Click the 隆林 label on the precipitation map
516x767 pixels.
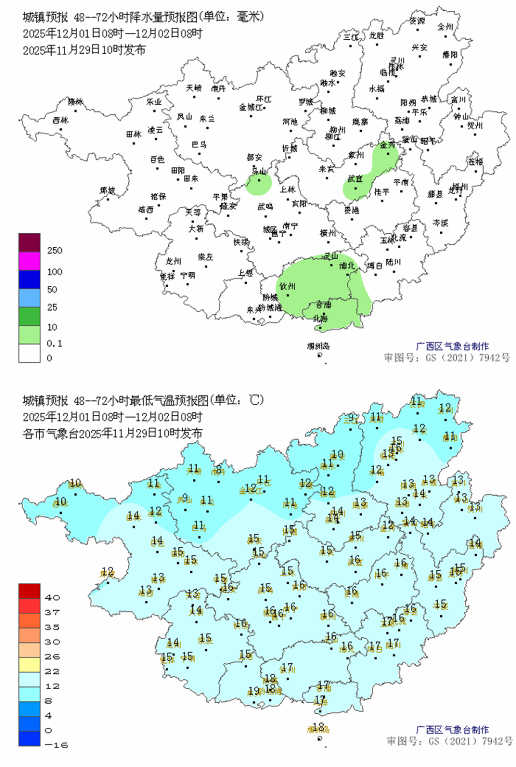click(76, 101)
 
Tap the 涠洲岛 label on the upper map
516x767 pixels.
click(318, 346)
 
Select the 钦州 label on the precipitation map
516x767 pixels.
click(287, 286)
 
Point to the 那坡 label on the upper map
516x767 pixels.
click(107, 190)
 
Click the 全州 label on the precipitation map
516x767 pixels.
click(445, 26)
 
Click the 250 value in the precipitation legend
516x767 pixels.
click(54, 250)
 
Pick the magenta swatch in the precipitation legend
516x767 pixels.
click(30, 261)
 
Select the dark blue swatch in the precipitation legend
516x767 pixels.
click(30, 279)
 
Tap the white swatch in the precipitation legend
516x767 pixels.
click(30, 353)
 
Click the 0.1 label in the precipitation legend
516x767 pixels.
click(54, 343)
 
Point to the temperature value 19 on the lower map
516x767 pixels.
click(254, 691)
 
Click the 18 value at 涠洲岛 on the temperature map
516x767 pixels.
click(318, 726)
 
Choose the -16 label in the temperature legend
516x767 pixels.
click(56, 745)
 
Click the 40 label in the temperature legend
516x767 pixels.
click(52, 597)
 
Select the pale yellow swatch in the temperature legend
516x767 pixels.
click(30, 664)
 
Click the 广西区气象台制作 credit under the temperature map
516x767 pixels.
click(452, 729)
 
